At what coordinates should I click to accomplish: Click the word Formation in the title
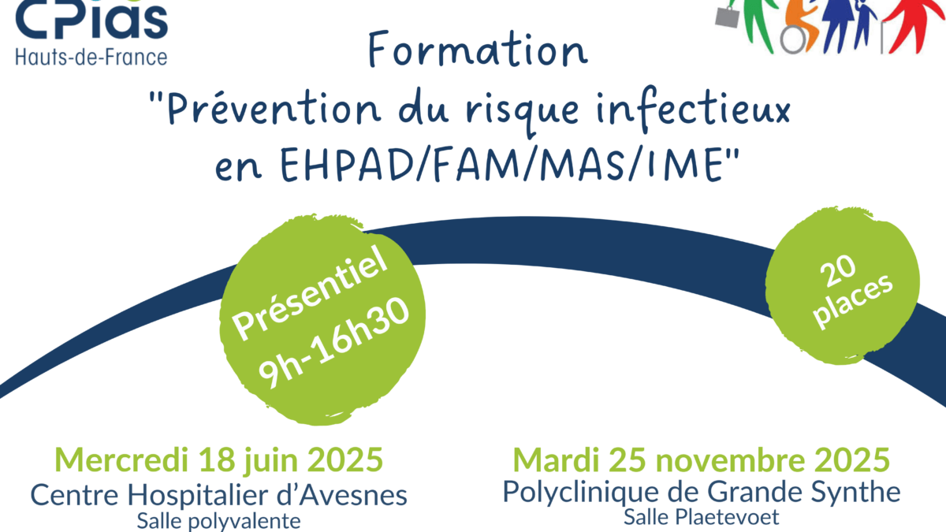click(478, 50)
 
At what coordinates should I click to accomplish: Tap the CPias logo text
click(91, 20)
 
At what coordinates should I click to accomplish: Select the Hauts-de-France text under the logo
click(91, 58)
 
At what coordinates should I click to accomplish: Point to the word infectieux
click(693, 109)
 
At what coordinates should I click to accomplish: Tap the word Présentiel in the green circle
click(310, 293)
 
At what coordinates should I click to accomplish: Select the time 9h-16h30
click(333, 343)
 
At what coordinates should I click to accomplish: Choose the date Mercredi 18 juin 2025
click(219, 459)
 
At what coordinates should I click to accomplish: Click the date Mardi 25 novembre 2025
click(702, 459)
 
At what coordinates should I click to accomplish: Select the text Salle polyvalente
click(219, 521)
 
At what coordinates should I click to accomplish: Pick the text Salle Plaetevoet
click(702, 517)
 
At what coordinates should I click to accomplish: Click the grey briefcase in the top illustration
click(728, 17)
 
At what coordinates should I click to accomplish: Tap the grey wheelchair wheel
click(793, 39)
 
